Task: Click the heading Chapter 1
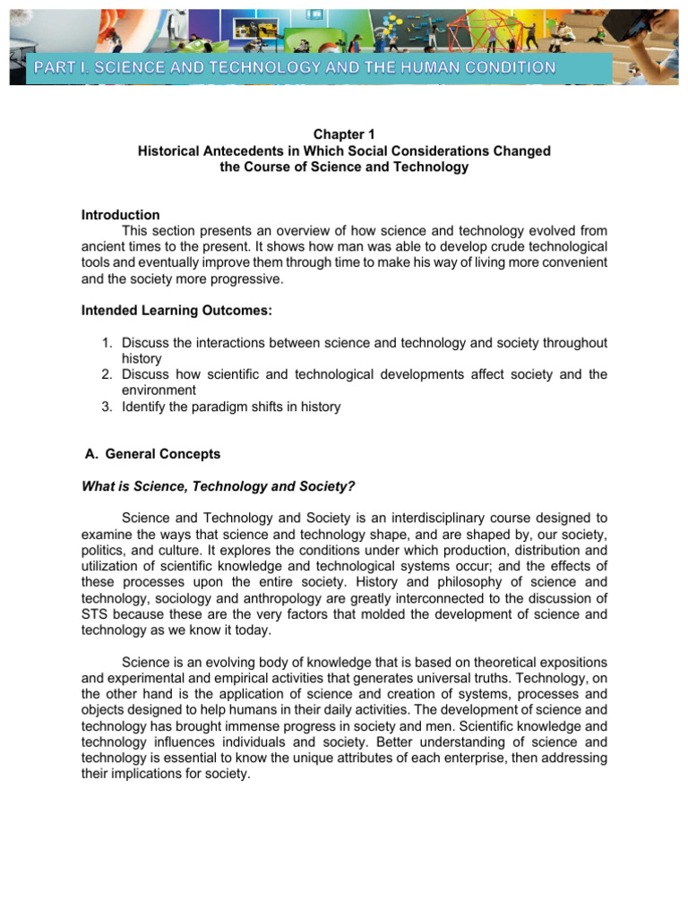coord(344,134)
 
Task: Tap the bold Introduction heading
coord(120,215)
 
